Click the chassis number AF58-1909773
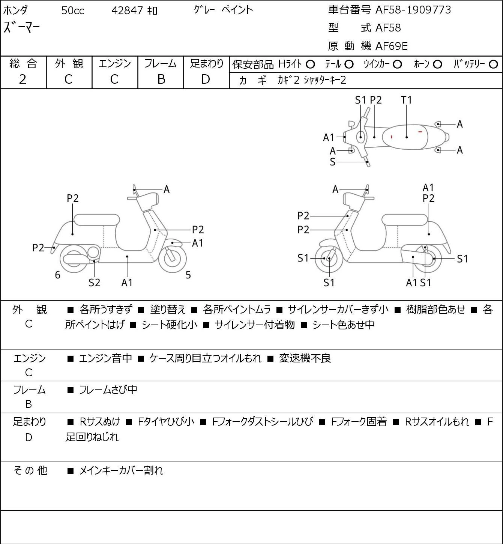point(413,10)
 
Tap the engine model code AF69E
point(392,46)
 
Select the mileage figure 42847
point(127,11)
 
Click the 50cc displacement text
point(73,11)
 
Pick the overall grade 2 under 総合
point(23,80)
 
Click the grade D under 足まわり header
point(206,80)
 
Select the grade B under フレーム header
point(161,80)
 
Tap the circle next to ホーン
point(437,65)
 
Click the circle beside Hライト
point(310,65)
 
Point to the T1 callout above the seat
point(406,100)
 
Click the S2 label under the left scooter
point(94,283)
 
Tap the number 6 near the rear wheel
point(57,275)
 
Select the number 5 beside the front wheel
point(188,275)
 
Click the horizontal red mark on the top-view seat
point(420,132)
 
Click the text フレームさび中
point(108,390)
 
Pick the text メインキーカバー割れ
point(121,470)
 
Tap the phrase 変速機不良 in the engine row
point(305,358)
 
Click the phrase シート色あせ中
point(343,325)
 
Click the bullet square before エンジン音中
point(71,359)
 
